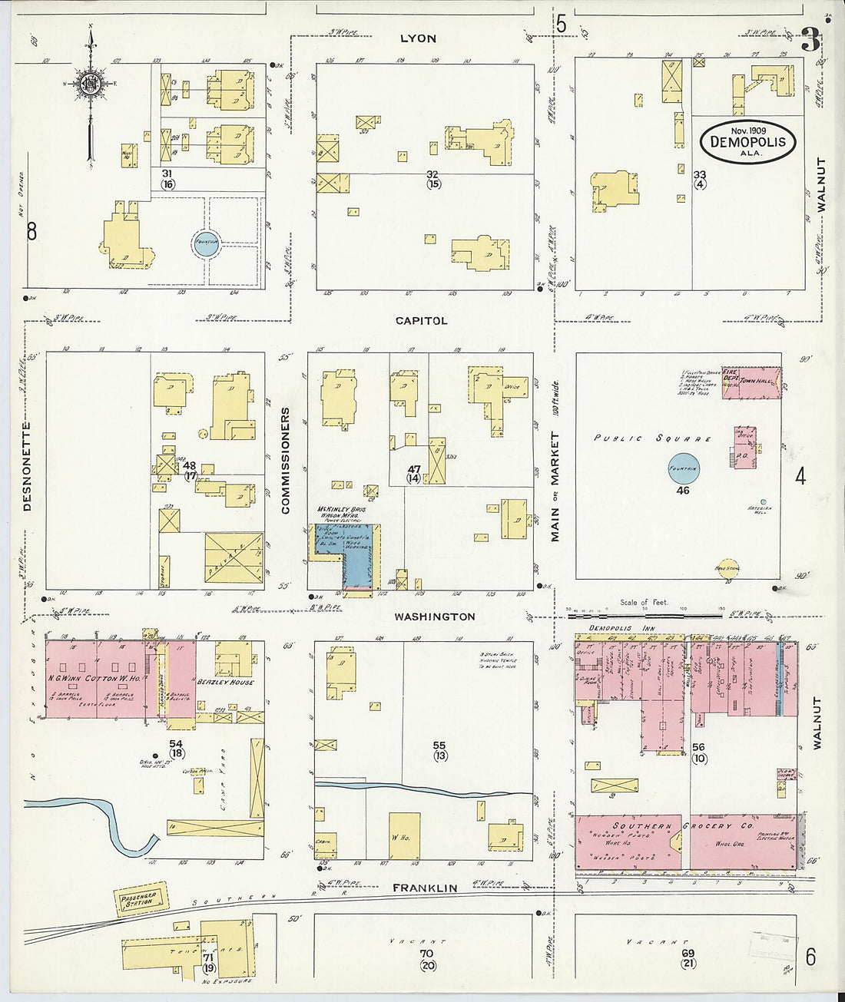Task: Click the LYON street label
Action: (418, 38)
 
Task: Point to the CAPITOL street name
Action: (421, 320)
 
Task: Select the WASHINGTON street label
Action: (435, 617)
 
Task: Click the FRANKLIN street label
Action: (425, 888)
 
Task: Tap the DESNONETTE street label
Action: (27, 467)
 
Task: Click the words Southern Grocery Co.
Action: (684, 827)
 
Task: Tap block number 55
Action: (439, 745)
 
